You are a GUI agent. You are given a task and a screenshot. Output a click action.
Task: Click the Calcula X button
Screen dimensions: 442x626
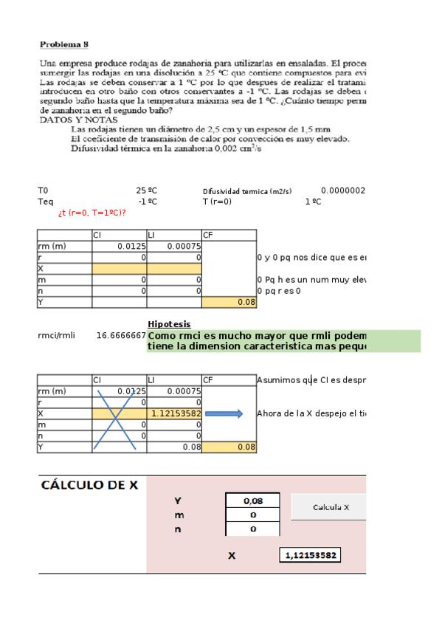coord(330,507)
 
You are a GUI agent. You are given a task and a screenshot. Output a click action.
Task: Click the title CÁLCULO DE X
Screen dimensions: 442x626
coord(89,485)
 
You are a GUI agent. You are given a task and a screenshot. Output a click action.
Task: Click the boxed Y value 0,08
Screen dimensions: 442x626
coord(253,501)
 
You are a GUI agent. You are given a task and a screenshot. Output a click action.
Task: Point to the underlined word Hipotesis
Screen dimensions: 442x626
coord(169,324)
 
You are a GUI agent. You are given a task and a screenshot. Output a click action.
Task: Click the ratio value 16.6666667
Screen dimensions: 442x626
coord(121,336)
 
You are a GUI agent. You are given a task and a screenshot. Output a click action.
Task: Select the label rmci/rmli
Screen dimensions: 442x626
coord(57,336)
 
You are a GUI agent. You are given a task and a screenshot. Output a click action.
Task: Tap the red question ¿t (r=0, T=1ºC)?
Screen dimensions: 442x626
coord(91,213)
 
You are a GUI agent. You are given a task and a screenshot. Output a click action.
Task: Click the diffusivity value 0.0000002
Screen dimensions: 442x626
coord(343,190)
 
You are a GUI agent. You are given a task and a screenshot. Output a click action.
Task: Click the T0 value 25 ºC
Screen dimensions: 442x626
coord(147,190)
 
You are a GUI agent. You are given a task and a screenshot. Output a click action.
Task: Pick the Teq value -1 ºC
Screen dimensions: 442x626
coord(148,202)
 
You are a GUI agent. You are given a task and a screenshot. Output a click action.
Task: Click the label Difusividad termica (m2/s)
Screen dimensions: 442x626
coord(247,190)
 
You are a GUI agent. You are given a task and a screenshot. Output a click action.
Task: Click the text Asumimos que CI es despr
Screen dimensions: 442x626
coord(311,380)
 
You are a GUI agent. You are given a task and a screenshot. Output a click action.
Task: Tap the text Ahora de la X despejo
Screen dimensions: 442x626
coord(311,413)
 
